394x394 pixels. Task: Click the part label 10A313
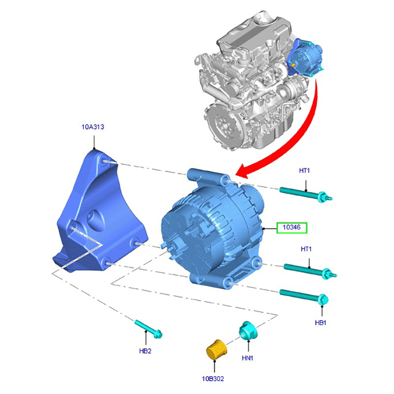pos(93,127)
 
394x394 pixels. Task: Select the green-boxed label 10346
pos(292,228)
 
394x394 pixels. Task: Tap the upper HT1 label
pos(304,170)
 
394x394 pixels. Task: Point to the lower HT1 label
pos(306,249)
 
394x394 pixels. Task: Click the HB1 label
pos(321,323)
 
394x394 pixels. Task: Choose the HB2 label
pos(145,351)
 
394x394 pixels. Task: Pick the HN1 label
pos(247,358)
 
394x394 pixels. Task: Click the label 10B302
pos(213,378)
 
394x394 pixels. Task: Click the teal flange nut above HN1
pos(247,330)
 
